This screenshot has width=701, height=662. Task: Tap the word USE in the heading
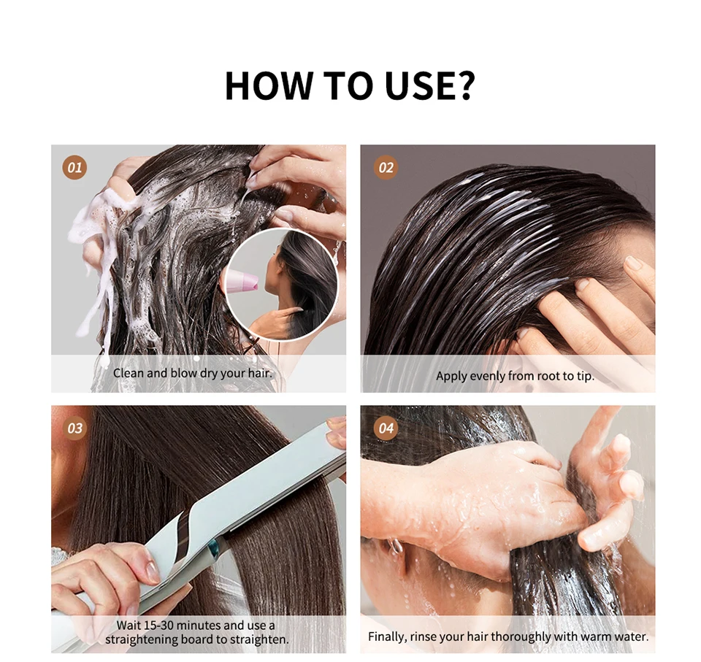419,85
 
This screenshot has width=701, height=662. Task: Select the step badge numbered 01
74,168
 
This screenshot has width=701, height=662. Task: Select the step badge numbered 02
386,168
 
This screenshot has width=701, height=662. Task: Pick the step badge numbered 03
74,428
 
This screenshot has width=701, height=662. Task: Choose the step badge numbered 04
386,428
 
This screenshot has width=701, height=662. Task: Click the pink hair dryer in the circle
242,281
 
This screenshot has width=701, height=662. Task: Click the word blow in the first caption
184,373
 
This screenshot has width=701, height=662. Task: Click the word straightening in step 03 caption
144,639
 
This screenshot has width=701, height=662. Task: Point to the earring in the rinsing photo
396,545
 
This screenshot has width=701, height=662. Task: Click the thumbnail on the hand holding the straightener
152,571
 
